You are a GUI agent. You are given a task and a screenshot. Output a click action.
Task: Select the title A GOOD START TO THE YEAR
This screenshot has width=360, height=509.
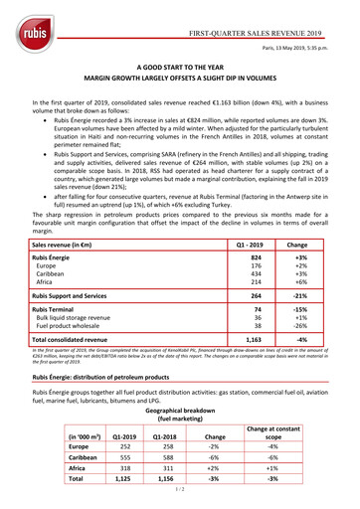[x=179, y=63]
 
